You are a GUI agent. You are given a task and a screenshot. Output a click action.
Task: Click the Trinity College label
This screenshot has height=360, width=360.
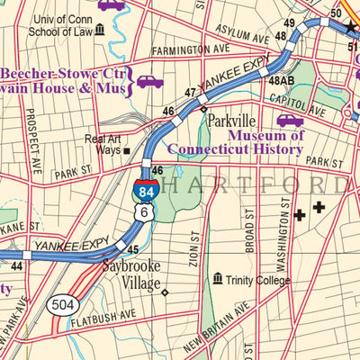tap(258, 281)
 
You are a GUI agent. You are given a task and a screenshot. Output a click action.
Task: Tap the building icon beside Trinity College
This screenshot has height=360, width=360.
tap(217, 281)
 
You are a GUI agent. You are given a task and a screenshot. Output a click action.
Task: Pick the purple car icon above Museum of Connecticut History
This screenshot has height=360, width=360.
tap(290, 120)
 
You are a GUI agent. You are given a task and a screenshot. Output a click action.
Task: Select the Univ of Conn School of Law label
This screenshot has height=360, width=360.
tap(62, 27)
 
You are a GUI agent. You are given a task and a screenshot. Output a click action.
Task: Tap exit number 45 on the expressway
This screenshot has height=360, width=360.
tap(131, 249)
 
